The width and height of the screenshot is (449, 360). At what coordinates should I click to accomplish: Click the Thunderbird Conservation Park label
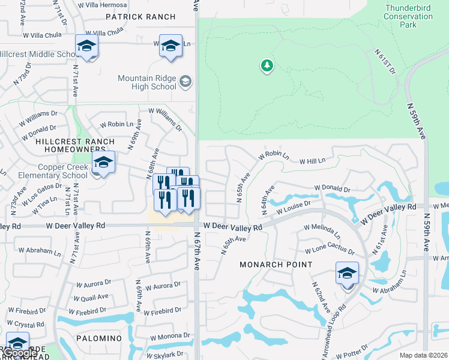pyautogui.click(x=408, y=17)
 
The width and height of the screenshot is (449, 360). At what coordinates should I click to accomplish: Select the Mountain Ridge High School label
pyautogui.click(x=147, y=82)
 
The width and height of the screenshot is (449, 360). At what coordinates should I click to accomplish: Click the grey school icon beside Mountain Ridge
pyautogui.click(x=185, y=82)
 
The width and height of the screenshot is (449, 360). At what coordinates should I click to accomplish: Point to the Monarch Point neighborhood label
pyautogui.click(x=276, y=264)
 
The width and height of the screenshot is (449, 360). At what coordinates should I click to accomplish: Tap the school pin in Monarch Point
pyautogui.click(x=347, y=274)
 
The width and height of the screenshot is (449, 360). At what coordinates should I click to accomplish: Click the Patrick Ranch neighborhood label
pyautogui.click(x=140, y=17)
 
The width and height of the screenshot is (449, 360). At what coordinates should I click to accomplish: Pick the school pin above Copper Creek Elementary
pyautogui.click(x=103, y=162)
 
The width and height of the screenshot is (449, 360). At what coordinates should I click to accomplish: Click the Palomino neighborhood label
pyautogui.click(x=99, y=338)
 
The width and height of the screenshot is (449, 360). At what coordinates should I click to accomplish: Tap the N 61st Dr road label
pyautogui.click(x=385, y=62)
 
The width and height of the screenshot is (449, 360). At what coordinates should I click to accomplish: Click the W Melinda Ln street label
pyautogui.click(x=322, y=231)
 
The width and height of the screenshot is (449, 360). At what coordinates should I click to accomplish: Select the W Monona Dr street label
pyautogui.click(x=170, y=336)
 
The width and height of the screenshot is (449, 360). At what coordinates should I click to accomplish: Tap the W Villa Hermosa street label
pyautogui.click(x=103, y=4)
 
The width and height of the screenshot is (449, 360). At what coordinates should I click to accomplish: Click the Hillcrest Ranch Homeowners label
pyautogui.click(x=74, y=145)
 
